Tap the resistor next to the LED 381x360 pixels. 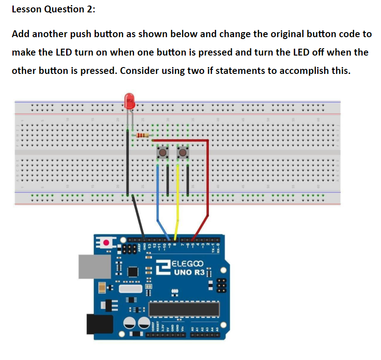point(143,135)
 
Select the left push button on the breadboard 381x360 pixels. point(162,152)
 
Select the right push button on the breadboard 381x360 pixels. point(183,152)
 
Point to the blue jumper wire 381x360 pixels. point(158,193)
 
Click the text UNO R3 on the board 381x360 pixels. point(187,273)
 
